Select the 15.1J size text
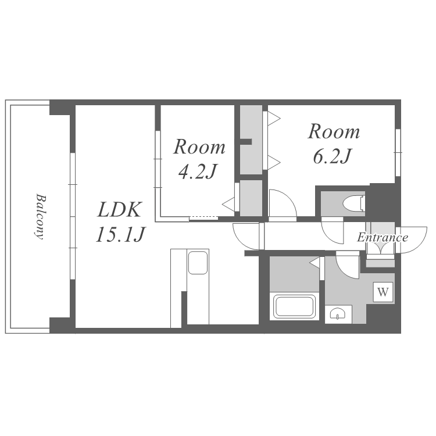click(120, 234)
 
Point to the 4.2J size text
click(197, 171)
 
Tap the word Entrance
click(383, 237)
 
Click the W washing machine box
click(383, 292)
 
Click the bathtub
click(294, 306)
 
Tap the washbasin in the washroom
click(338, 314)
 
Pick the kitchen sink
click(198, 263)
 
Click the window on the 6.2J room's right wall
click(398, 152)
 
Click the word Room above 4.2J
click(199, 147)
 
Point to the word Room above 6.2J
click(334, 131)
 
